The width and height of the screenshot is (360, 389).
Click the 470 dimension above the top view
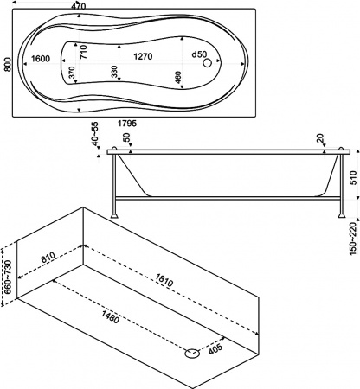[x=80, y=6]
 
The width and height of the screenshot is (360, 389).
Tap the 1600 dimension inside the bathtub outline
[x=39, y=59]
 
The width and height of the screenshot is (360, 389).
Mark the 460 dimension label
[x=178, y=77]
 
